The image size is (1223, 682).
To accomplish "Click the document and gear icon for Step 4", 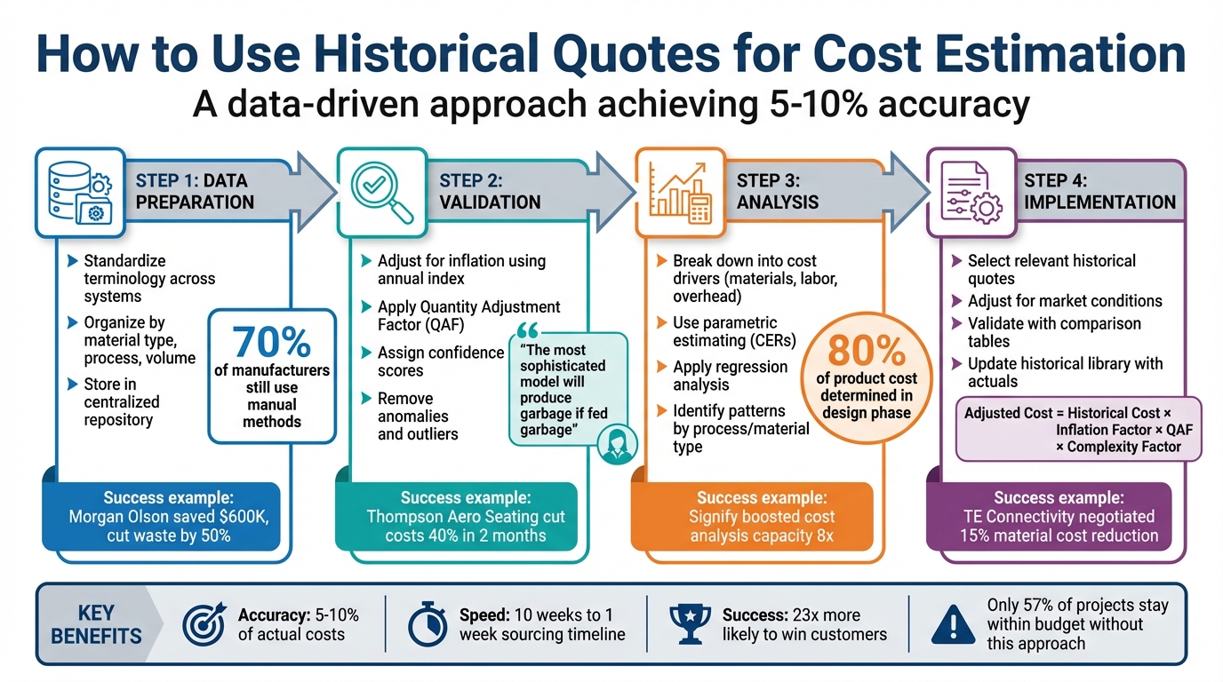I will pyautogui.click(x=972, y=192).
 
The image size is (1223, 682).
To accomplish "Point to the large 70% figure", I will pyautogui.click(x=271, y=342).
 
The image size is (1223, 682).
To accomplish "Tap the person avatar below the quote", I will pyautogui.click(x=614, y=444).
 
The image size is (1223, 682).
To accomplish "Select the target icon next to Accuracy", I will pyautogui.click(x=204, y=624).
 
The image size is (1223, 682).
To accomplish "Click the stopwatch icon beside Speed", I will pyautogui.click(x=428, y=624).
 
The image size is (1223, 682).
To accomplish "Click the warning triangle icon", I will pyautogui.click(x=953, y=625).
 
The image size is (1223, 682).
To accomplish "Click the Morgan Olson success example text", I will pyautogui.click(x=167, y=518).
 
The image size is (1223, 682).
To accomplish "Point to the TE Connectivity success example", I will pyautogui.click(x=1059, y=518).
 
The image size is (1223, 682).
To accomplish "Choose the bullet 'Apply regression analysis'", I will pyautogui.click(x=730, y=376).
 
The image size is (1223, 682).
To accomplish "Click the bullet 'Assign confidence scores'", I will pyautogui.click(x=440, y=361).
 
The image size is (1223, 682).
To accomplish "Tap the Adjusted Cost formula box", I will pyautogui.click(x=1078, y=429).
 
